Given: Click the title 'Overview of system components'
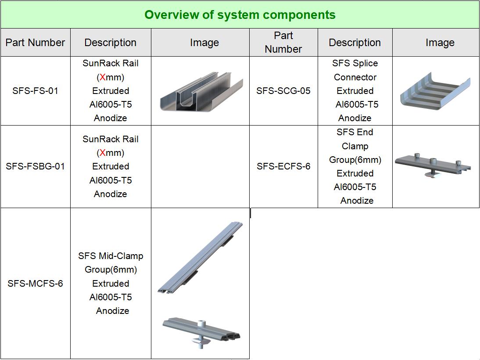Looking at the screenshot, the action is pyautogui.click(x=240, y=14).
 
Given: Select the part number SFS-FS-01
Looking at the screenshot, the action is pyautogui.click(x=35, y=91).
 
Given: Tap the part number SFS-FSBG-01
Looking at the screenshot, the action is pyautogui.click(x=35, y=166).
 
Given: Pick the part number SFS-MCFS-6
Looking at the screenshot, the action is pyautogui.click(x=35, y=284).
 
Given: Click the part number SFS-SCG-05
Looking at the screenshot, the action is pyautogui.click(x=283, y=91).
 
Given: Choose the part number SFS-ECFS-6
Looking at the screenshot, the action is pyautogui.click(x=283, y=166).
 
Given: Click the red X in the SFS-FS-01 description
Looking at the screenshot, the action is pyautogui.click(x=103, y=77).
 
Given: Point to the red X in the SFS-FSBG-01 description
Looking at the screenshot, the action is pyautogui.click(x=103, y=153).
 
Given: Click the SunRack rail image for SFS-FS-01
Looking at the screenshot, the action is pyautogui.click(x=201, y=92).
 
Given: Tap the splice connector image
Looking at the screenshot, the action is pyautogui.click(x=435, y=91).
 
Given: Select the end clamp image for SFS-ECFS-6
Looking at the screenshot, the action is pyautogui.click(x=433, y=165).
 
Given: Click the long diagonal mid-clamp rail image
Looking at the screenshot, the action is pyautogui.click(x=201, y=257).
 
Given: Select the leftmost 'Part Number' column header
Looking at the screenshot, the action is pyautogui.click(x=35, y=43).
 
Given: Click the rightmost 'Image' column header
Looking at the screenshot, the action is pyautogui.click(x=440, y=43).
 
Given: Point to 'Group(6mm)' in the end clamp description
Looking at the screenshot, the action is pyautogui.click(x=355, y=160).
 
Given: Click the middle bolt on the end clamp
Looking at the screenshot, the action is pyautogui.click(x=433, y=161).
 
